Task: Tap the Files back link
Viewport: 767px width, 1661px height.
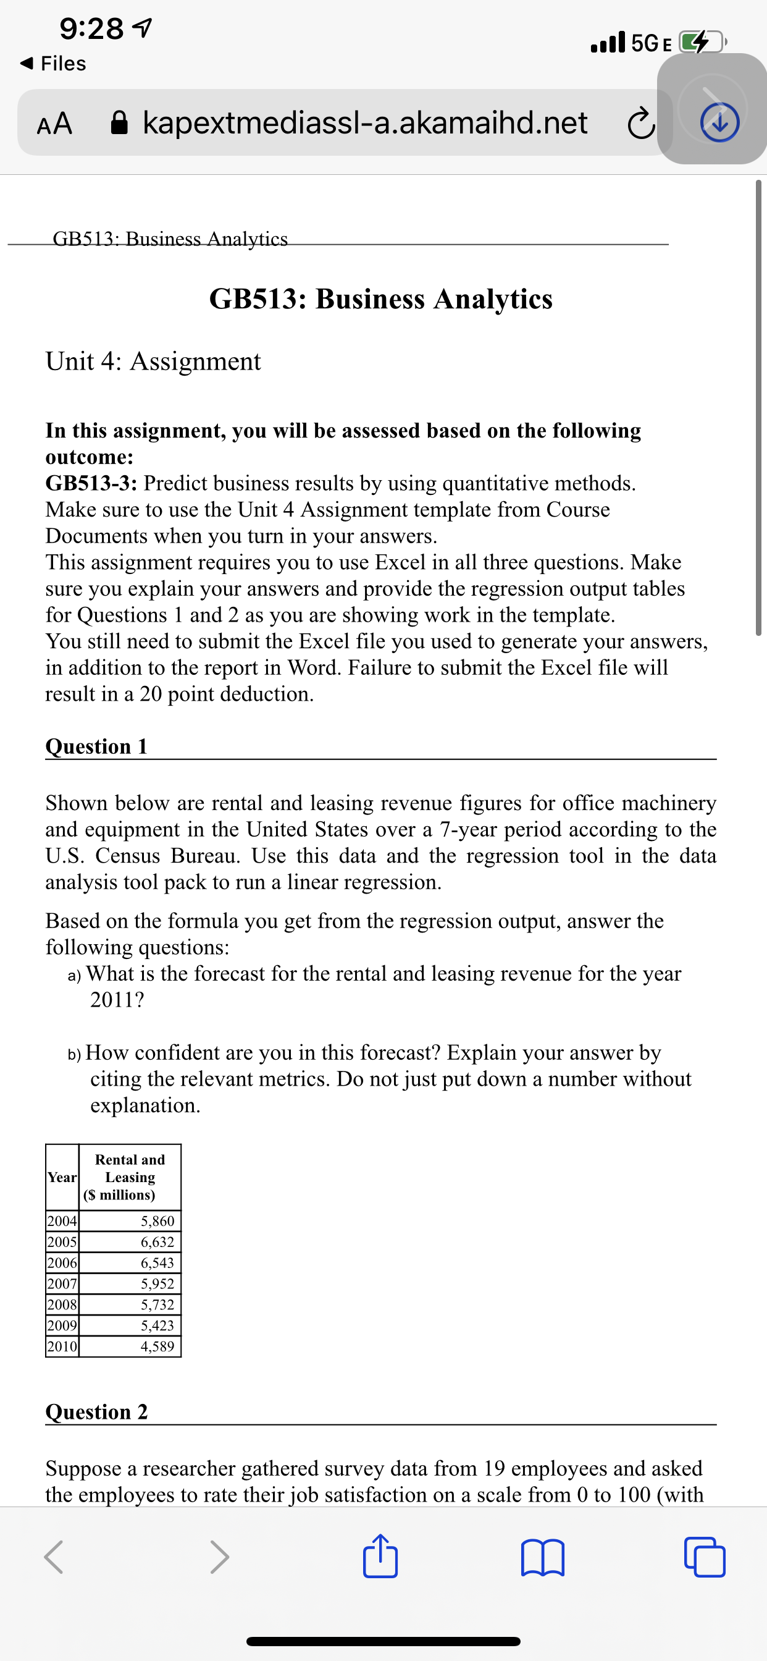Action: pos(54,63)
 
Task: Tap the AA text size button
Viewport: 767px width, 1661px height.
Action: pos(55,123)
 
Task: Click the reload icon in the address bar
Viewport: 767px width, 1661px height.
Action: pos(640,124)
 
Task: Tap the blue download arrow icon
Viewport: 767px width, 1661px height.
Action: pos(719,122)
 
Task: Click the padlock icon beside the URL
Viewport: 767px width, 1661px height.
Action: pos(120,122)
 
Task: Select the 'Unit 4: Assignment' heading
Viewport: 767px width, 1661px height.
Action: pos(153,361)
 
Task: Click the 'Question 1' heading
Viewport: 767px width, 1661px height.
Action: pos(97,746)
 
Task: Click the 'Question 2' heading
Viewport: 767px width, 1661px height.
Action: pos(97,1411)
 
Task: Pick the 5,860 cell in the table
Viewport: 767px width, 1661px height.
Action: pos(157,1220)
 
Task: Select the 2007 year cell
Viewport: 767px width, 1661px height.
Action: pos(62,1283)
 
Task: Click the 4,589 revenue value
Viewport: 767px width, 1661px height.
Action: pos(157,1346)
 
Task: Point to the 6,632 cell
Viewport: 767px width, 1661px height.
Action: pos(157,1241)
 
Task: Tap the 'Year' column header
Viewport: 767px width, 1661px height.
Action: pos(62,1177)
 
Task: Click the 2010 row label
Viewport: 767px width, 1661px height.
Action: pos(62,1346)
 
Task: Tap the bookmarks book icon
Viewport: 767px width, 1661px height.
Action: pos(543,1558)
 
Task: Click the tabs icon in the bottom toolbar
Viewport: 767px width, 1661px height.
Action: pos(705,1558)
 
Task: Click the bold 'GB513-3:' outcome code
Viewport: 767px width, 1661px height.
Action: pos(91,483)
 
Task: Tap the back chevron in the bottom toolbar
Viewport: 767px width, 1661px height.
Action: pos(54,1558)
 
